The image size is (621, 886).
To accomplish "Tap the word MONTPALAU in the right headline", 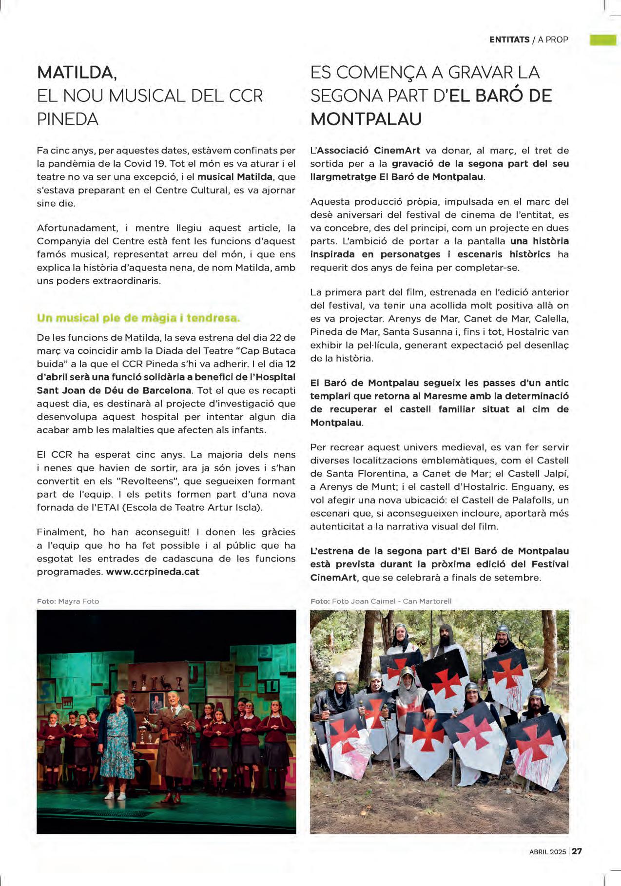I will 366,119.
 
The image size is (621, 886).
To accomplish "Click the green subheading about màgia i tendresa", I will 138,318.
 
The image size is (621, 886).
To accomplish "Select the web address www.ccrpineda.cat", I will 153,572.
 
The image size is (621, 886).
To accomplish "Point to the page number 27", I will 577,851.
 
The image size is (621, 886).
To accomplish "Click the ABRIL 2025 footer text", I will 547,851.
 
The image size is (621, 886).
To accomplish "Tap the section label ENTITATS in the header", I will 509,39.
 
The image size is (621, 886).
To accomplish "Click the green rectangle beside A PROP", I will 603,39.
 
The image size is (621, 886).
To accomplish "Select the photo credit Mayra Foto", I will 78,601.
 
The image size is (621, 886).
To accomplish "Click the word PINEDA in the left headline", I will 68,119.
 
